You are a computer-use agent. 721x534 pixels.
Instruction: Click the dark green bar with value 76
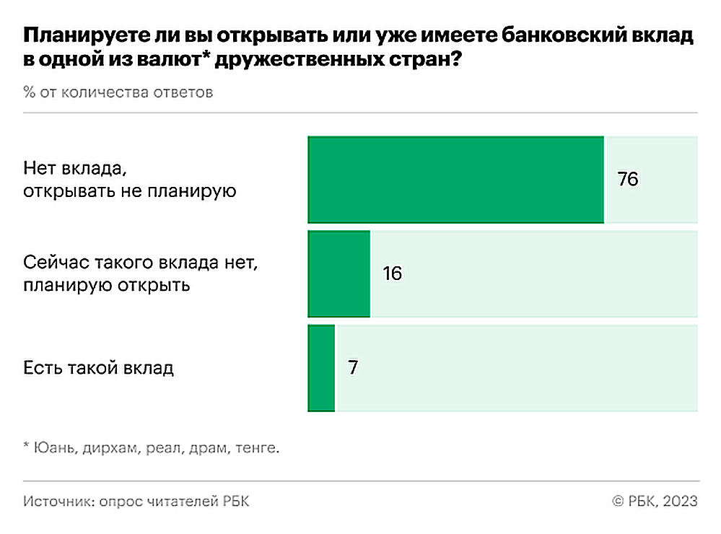pos(456,180)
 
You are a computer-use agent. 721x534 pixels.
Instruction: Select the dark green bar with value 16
pos(339,273)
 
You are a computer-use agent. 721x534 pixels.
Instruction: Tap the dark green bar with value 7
pos(322,368)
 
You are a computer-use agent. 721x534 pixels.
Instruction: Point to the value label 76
pos(628,180)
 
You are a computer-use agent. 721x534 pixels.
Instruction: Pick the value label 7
pos(352,368)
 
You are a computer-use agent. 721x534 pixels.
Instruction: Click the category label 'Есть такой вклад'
pos(98,368)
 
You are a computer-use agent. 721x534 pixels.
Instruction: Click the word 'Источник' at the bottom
pos(53,502)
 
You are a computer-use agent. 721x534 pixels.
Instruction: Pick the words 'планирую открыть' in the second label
pos(106,285)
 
